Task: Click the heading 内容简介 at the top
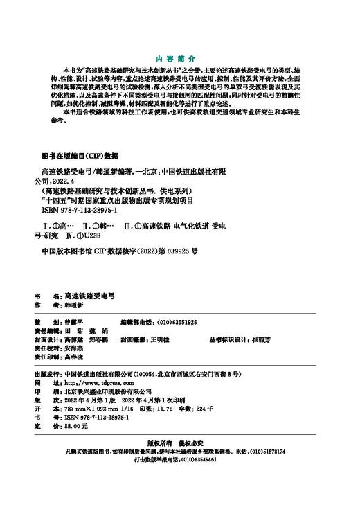point(179,60)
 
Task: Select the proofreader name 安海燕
point(78,349)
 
